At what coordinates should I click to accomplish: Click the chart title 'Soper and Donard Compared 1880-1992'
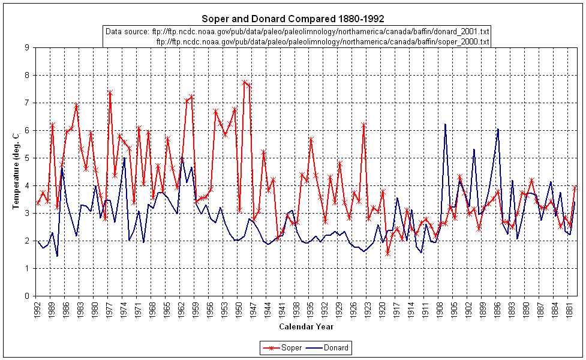click(293, 19)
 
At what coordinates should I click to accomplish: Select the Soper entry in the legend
click(286, 347)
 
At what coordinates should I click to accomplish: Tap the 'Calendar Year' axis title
click(306, 327)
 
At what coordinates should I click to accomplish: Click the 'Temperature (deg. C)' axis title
click(16, 171)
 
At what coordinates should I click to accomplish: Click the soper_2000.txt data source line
click(323, 41)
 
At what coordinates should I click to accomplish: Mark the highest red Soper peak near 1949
click(244, 82)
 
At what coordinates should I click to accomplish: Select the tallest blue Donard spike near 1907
click(445, 124)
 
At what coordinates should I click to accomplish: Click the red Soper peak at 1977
click(110, 92)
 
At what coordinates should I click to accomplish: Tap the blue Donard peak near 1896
click(498, 129)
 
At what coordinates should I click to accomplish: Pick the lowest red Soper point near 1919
click(388, 254)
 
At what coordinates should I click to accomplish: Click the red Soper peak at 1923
click(363, 124)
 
